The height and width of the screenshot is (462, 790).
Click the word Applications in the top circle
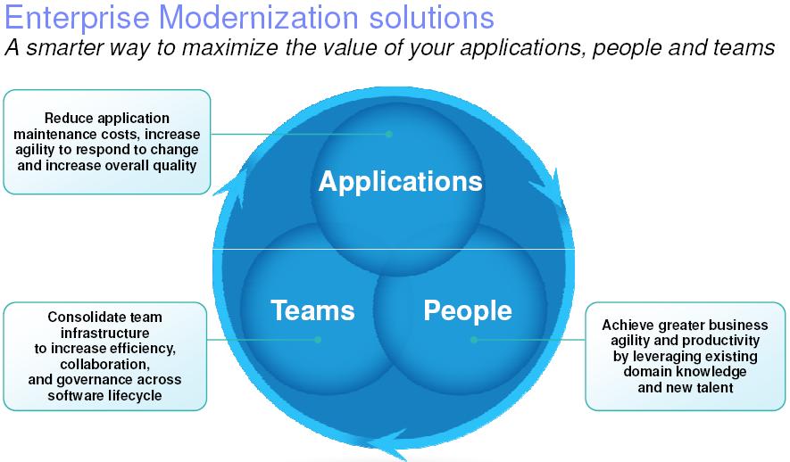[401, 182]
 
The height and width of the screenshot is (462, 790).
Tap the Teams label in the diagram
[312, 310]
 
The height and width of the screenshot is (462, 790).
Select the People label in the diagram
[468, 311]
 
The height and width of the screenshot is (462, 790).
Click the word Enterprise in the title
[77, 18]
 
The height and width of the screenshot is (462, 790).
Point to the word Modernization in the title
[259, 17]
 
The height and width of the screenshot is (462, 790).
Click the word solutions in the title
[431, 17]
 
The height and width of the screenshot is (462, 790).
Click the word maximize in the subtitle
[229, 48]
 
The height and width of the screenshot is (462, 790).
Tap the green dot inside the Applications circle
[389, 134]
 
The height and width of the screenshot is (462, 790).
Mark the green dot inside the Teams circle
[318, 340]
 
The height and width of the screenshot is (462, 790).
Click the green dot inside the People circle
[474, 340]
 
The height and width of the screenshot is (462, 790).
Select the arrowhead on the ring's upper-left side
[233, 187]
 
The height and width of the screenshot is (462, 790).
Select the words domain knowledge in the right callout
[685, 372]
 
